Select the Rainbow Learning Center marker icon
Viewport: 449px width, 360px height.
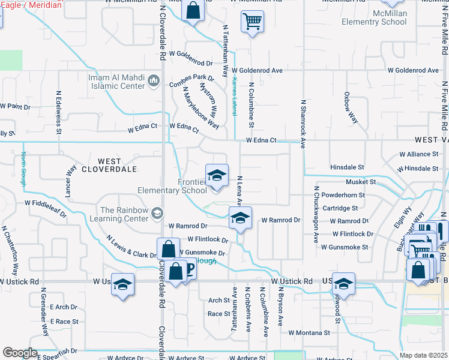point(158,213)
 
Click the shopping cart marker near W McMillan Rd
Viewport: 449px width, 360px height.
point(253,22)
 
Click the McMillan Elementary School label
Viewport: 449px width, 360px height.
point(374,17)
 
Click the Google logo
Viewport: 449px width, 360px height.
point(20,353)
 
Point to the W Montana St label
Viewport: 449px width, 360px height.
point(309,332)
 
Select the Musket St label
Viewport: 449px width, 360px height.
point(360,181)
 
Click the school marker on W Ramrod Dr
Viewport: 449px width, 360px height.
point(240,218)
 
